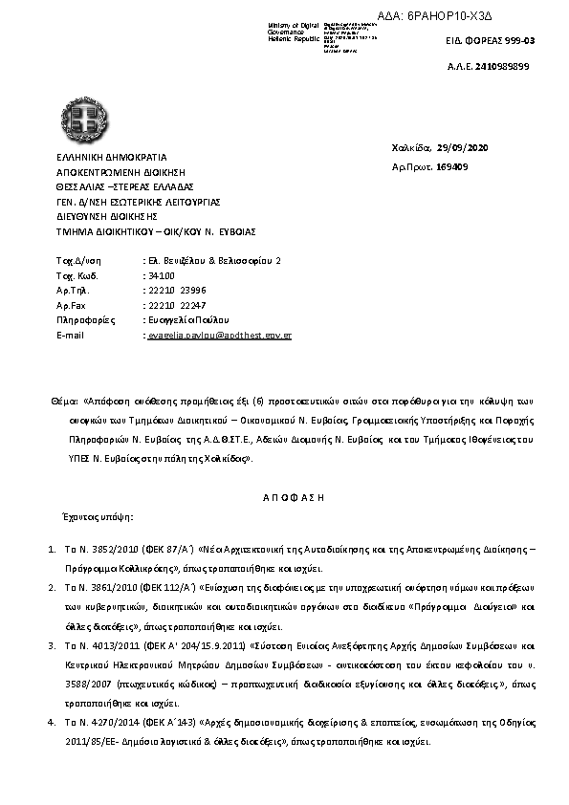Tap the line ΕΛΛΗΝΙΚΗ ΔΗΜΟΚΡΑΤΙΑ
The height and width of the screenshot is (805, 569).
point(111,156)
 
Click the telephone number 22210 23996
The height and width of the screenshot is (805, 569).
point(174,289)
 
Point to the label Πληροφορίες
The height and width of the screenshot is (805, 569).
point(80,319)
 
